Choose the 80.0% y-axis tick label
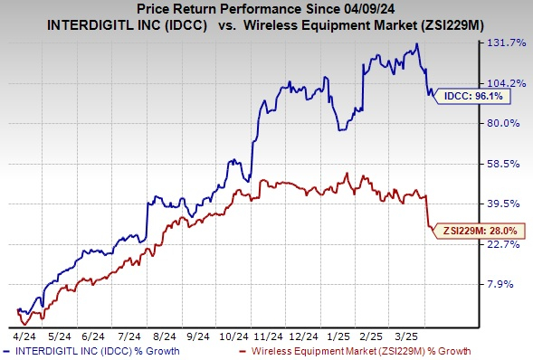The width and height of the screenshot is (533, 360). click(499, 123)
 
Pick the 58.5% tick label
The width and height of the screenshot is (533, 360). click(499, 164)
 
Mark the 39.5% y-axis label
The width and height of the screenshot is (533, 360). click(499, 204)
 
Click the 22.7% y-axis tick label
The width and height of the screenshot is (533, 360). click(499, 244)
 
